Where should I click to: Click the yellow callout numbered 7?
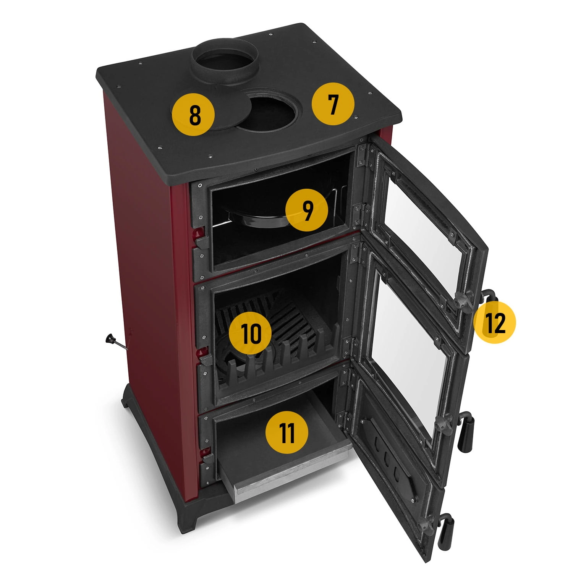333,104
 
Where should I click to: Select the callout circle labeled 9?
307,211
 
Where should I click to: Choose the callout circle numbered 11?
286,434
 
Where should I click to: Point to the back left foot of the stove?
128,401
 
